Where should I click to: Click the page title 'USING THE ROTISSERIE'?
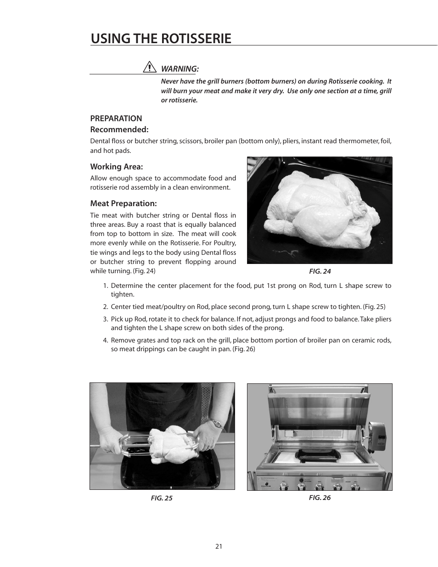tap(161, 39)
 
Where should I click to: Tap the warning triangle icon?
tap(149, 67)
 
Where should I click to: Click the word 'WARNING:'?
tap(180, 69)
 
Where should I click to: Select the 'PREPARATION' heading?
tap(116, 118)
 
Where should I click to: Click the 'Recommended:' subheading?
tap(119, 129)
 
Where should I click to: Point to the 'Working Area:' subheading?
tap(116, 167)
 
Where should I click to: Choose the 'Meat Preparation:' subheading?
tap(123, 203)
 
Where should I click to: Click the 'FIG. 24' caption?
tap(320, 271)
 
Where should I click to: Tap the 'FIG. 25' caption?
tap(162, 498)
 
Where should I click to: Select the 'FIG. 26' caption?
tap(320, 498)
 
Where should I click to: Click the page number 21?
tap(219, 546)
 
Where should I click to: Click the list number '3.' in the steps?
tap(105, 319)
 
